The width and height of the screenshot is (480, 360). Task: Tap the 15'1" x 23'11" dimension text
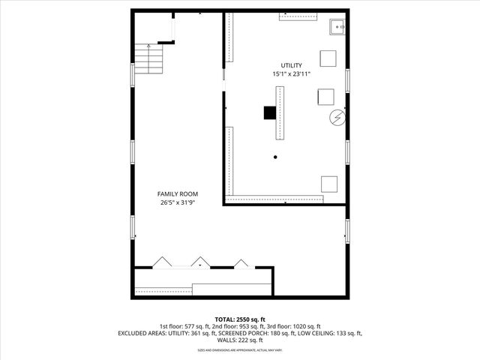tap(292, 74)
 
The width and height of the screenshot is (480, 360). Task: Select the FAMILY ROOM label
tap(178, 193)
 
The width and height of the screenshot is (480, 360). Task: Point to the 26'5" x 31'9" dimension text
tap(178, 202)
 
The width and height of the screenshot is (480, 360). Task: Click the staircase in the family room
tap(148, 55)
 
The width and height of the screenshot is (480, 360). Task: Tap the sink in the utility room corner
tap(337, 28)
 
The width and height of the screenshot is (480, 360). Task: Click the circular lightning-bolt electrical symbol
tap(337, 118)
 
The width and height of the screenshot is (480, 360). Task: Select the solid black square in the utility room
tap(269, 112)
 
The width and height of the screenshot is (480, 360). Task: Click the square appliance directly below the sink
tap(328, 58)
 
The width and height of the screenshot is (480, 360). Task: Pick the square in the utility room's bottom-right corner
tap(328, 183)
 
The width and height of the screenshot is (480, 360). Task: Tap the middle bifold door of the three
tap(200, 262)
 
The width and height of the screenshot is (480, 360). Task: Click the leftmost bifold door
tap(162, 262)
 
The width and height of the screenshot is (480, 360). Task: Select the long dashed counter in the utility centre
tap(280, 112)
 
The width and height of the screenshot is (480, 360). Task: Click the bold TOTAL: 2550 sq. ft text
tap(240, 319)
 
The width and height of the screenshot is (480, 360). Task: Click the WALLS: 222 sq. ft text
tap(240, 340)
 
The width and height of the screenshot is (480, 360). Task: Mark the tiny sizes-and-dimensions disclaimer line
tap(240, 349)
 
